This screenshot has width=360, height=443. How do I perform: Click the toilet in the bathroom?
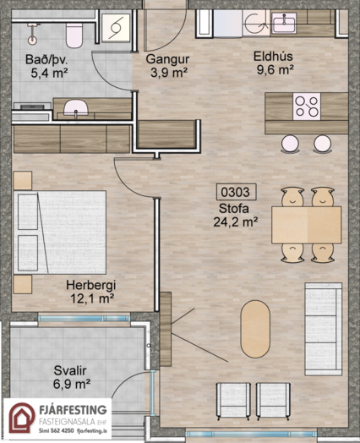[x=74, y=35]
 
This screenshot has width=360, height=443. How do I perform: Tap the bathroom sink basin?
[x=76, y=107]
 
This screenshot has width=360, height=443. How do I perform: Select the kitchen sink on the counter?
[x=284, y=23]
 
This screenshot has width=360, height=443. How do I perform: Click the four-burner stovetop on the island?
[x=307, y=107]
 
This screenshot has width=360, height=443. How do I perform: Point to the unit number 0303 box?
[x=236, y=192]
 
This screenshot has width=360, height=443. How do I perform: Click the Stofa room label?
[x=234, y=209]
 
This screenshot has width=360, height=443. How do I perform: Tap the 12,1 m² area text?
[x=92, y=298]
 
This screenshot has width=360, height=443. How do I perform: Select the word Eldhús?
[x=273, y=57]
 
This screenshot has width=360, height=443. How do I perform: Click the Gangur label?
[x=167, y=59]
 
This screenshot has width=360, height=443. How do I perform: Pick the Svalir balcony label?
[x=70, y=370]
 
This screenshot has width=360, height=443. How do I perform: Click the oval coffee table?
[x=255, y=329]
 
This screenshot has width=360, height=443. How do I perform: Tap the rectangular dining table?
[x=307, y=225]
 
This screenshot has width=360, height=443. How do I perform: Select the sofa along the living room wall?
[x=324, y=329]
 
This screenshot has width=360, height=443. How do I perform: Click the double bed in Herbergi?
[x=59, y=232]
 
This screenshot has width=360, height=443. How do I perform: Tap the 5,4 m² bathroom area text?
[x=49, y=74]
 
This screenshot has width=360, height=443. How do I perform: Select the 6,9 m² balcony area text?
[x=72, y=384]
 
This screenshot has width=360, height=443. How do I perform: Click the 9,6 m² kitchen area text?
[x=275, y=69]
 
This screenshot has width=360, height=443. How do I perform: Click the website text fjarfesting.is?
[x=92, y=431]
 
